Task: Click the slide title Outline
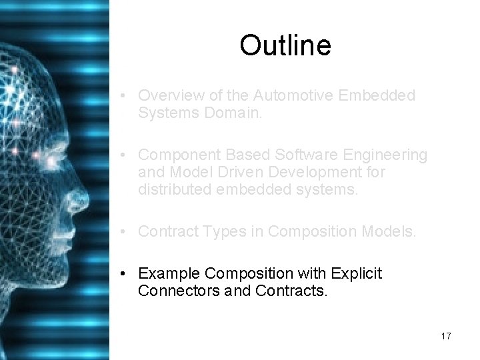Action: click(x=285, y=46)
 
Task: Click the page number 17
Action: click(x=445, y=336)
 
